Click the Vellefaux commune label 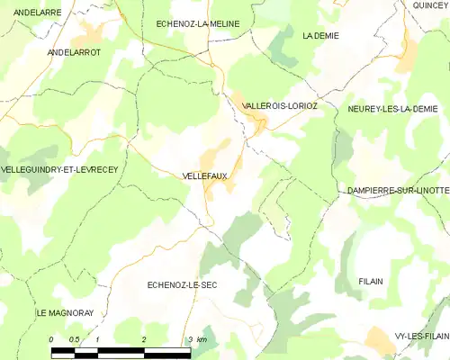tap(204, 176)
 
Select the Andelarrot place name tap(74, 53)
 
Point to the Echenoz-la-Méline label tap(198, 23)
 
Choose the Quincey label tap(430, 5)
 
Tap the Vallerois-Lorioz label tap(280, 106)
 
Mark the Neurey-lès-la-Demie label tap(398, 108)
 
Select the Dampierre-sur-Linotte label tap(397, 192)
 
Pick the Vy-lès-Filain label tap(421, 336)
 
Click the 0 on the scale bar tap(51, 339)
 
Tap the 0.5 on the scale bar tap(74, 339)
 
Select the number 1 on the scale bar tap(97, 339)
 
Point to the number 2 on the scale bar tap(144, 339)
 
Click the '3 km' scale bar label tap(198, 339)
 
